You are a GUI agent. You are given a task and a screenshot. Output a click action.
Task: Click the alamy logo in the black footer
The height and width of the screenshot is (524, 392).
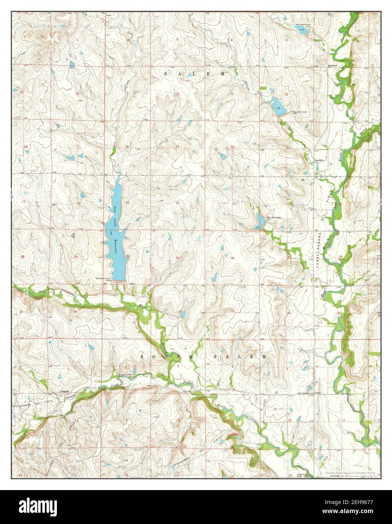(x=42, y=507)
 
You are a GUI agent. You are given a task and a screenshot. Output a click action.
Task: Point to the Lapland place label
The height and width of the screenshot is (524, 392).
(x=332, y=65)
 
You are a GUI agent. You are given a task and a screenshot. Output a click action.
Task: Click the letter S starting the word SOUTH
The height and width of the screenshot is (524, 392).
(x=143, y=356)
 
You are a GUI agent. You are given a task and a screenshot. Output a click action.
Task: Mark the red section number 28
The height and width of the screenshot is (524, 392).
(x=232, y=258)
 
